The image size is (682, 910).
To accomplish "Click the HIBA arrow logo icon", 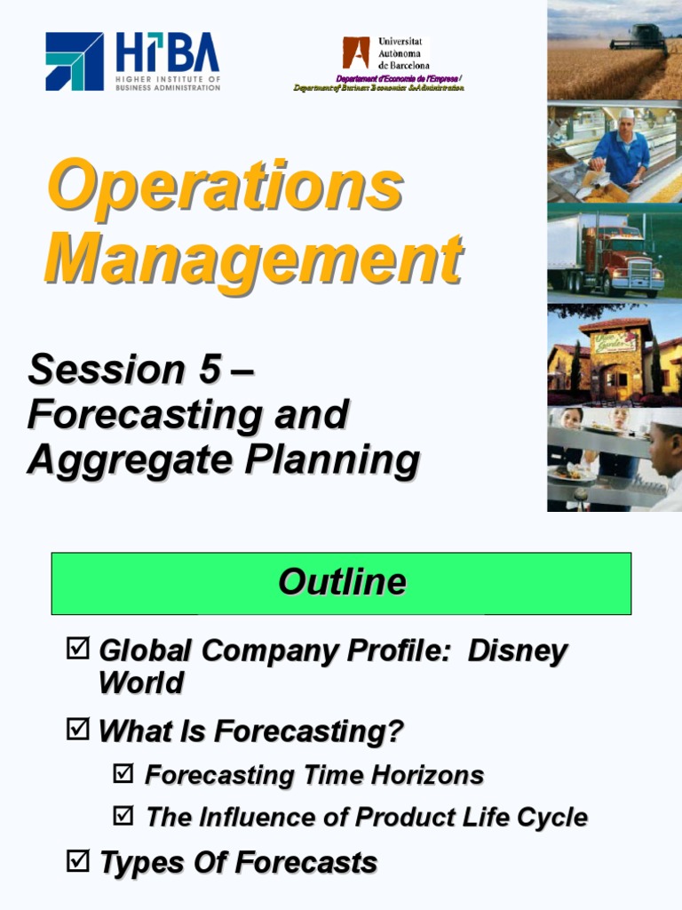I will [75, 61].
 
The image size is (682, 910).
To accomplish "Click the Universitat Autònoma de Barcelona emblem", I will [356, 52].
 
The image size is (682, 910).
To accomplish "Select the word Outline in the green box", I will [342, 582].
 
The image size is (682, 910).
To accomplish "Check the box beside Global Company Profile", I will [78, 650].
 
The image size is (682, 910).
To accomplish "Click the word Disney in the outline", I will [517, 651].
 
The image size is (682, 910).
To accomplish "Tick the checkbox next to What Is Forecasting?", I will [78, 730].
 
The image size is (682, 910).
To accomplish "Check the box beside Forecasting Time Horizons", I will [123, 773].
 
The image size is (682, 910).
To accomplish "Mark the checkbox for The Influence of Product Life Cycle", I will [123, 815].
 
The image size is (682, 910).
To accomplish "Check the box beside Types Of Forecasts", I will [78, 860].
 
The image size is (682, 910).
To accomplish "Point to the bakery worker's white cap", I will [627, 114].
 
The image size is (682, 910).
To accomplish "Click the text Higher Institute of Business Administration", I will [168, 84].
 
